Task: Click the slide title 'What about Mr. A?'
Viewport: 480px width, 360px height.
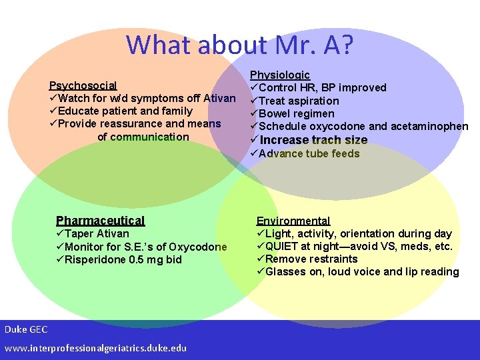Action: coord(240,45)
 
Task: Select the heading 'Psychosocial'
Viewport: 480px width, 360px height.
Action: coord(83,85)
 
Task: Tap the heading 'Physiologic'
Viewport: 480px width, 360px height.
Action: coord(280,75)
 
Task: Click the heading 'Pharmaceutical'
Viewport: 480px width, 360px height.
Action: coord(100,221)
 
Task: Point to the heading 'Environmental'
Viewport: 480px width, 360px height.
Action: coord(293,221)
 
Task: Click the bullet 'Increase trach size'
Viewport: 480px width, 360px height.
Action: coord(313,140)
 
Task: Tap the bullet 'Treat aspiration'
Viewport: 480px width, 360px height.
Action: coord(299,101)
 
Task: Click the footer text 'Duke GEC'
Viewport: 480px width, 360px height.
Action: coord(25,329)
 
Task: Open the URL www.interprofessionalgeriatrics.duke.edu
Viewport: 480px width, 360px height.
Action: coord(95,348)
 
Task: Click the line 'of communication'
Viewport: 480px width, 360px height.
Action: coord(143,137)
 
